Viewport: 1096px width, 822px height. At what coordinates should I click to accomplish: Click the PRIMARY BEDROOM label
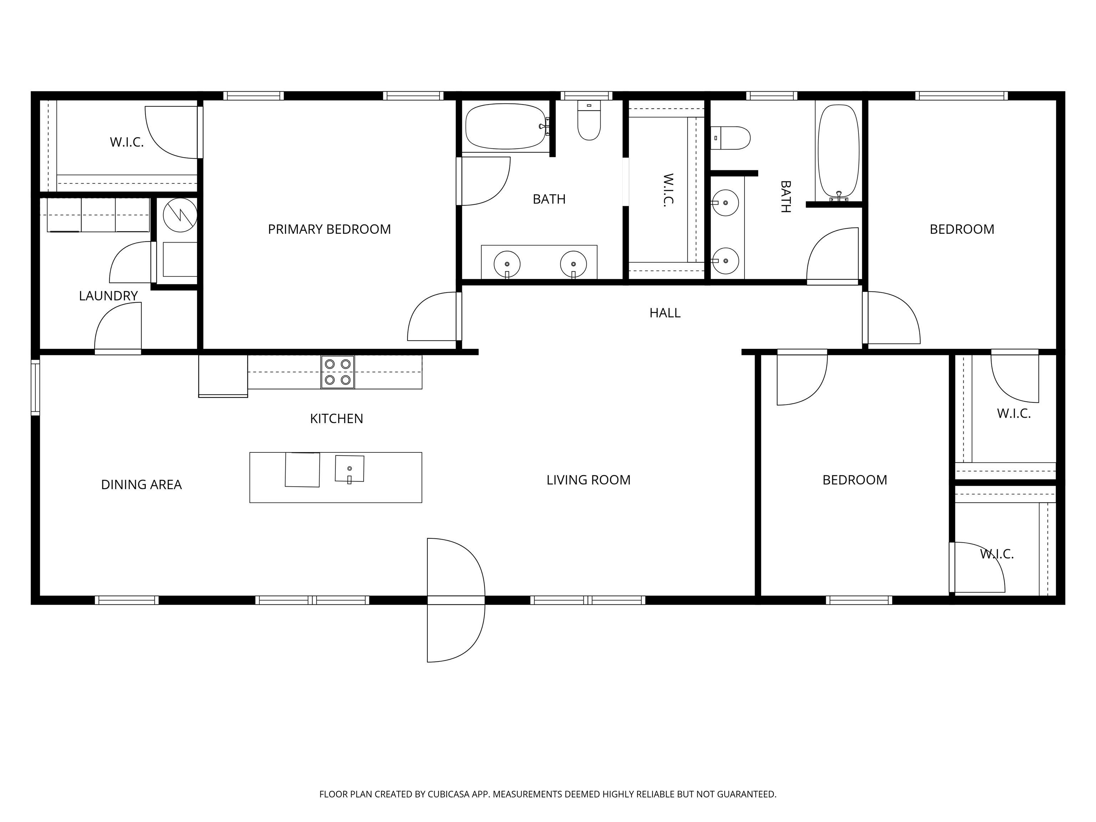[330, 229]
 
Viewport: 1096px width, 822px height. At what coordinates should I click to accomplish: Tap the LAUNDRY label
[108, 296]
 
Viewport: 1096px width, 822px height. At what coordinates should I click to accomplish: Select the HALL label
[665, 313]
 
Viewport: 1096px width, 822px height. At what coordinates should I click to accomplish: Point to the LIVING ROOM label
[589, 479]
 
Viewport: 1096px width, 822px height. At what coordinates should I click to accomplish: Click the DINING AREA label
[141, 484]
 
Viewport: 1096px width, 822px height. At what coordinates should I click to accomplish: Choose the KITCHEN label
[336, 419]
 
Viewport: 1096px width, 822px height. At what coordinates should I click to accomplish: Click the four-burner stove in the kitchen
[338, 372]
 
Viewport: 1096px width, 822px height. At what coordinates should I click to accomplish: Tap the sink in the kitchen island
[350, 469]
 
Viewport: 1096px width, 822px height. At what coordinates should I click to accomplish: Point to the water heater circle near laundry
[181, 215]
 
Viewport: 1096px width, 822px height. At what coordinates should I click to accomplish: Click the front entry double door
[456, 600]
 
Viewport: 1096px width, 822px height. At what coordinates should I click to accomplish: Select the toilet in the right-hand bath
[730, 138]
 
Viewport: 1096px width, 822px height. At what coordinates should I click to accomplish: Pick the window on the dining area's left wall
[35, 387]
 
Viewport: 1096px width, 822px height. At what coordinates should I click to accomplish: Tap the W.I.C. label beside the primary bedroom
[127, 142]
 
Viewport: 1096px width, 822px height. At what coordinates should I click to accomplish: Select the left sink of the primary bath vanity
[507, 264]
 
